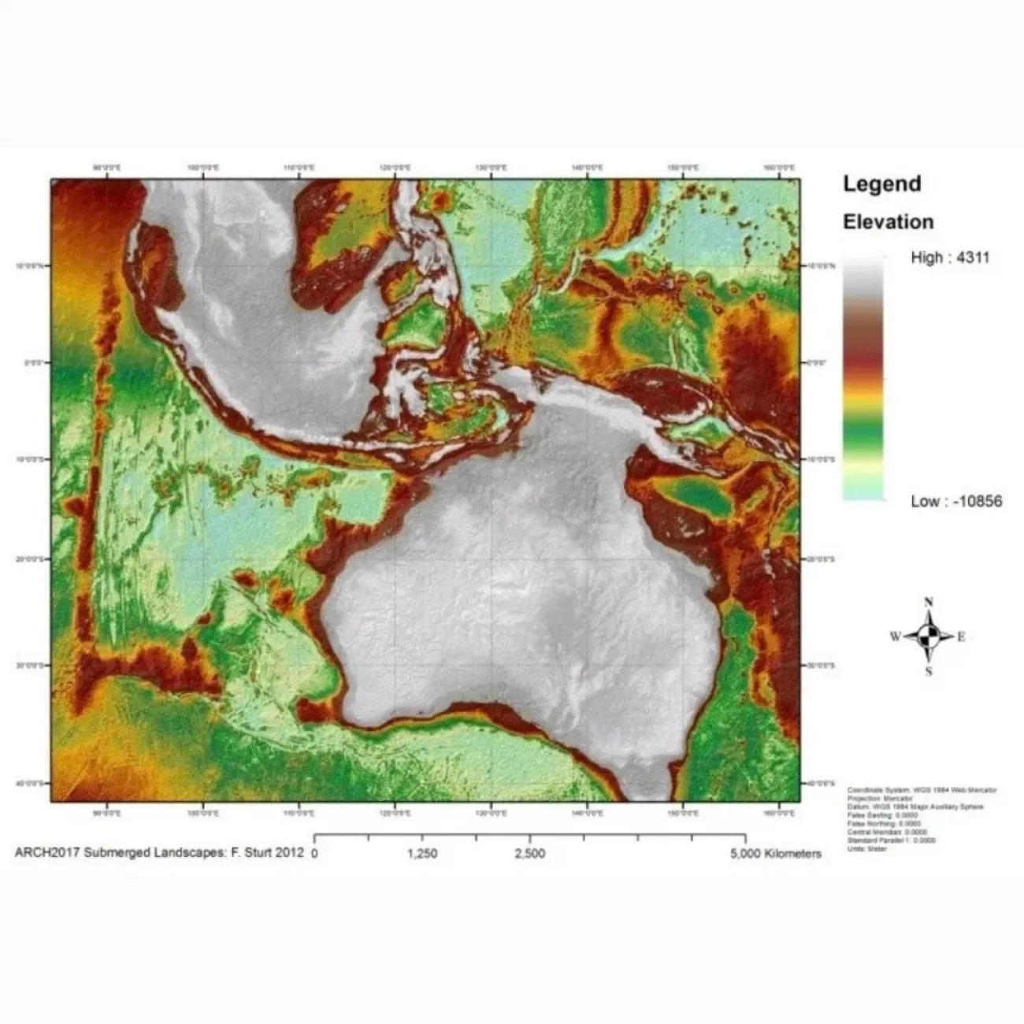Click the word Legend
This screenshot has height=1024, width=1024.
[x=881, y=184]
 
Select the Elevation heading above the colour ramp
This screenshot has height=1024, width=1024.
[x=888, y=222]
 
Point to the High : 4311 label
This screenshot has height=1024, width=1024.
[x=949, y=258]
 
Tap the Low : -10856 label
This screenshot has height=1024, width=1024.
[x=956, y=502]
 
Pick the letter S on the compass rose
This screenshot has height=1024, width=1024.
[x=929, y=672]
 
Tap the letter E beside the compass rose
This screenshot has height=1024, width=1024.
[x=962, y=637]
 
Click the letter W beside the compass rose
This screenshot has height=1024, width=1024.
[x=896, y=637]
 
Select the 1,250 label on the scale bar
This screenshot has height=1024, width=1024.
[x=423, y=854]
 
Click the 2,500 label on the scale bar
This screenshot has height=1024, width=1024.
[x=529, y=854]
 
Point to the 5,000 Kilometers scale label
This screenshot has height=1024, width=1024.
[x=776, y=854]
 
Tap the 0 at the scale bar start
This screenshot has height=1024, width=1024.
[x=315, y=854]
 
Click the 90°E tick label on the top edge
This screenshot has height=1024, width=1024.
[x=107, y=168]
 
